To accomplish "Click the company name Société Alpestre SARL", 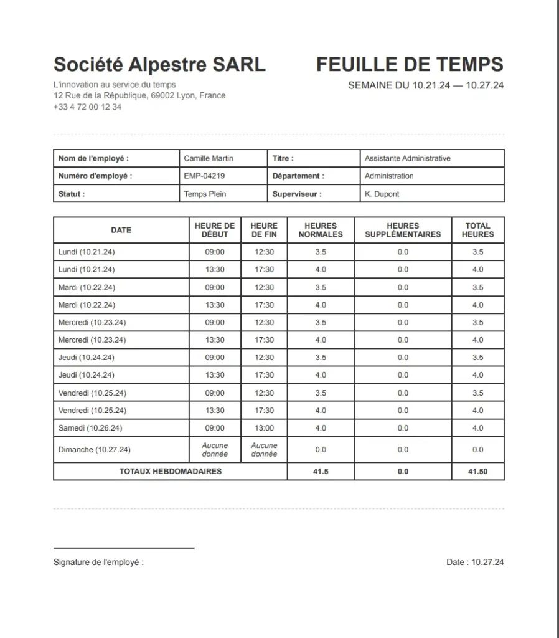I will tap(159, 64).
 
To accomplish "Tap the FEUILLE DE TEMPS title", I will tap(410, 64).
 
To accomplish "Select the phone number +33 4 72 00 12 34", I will tap(87, 107).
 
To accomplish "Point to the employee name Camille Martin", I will tap(209, 158).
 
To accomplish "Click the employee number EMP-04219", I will tap(204, 176).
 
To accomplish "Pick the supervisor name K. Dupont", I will tap(382, 194).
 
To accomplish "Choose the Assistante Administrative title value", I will tap(407, 158).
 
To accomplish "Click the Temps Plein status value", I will tap(205, 194).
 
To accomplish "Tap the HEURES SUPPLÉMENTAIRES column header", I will tap(403, 230).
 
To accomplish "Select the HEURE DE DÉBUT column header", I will tap(215, 230).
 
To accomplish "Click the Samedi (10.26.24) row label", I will tap(90, 428).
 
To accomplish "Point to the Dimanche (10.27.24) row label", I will tap(94, 450).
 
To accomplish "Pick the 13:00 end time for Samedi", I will tap(265, 428).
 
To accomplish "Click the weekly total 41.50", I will tap(477, 472).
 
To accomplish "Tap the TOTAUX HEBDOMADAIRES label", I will tap(171, 472).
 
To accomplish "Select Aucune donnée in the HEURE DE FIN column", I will tap(265, 450).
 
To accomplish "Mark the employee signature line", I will tap(124, 548).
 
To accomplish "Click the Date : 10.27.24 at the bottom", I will tap(475, 562).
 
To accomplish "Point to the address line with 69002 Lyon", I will tap(139, 95).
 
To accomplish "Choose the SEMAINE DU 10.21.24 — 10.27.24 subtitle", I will tap(426, 85).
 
